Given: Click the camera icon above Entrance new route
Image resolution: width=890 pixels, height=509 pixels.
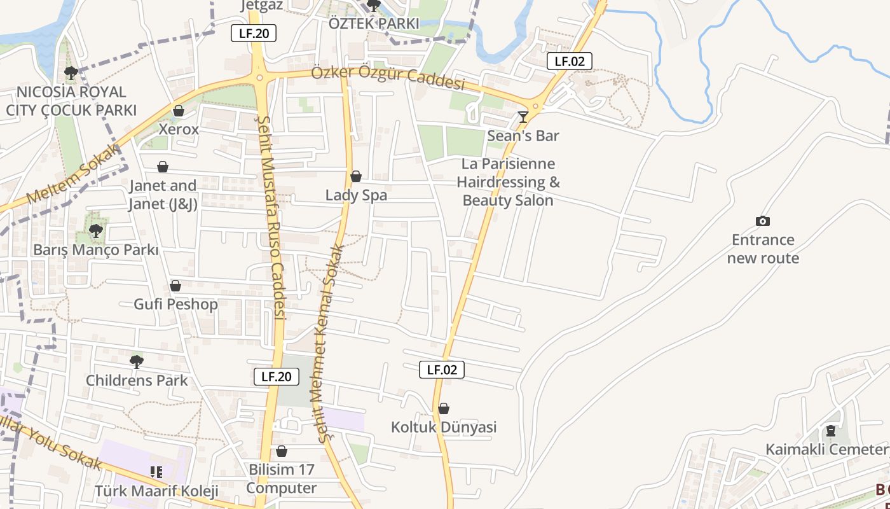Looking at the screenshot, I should tap(763, 221).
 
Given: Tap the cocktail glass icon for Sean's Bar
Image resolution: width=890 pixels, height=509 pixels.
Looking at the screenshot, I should tap(523, 116).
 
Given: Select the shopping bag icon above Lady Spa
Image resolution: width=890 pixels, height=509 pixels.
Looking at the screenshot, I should tap(356, 176).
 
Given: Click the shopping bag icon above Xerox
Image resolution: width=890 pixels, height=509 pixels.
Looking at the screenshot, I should tap(179, 111).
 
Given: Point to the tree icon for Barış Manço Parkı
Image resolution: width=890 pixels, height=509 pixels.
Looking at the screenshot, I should tap(96, 230).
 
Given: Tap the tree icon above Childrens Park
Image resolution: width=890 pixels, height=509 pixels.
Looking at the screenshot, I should tap(137, 362).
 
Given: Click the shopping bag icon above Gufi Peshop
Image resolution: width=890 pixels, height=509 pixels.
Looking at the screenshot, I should tap(175, 286).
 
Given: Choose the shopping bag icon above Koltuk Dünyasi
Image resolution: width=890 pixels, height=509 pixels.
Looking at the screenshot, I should tap(444, 408).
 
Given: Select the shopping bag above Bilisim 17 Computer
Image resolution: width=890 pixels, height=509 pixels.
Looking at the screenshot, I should tap(282, 451).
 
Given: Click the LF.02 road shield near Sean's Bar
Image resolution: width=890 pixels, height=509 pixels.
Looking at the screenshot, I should tap(570, 61).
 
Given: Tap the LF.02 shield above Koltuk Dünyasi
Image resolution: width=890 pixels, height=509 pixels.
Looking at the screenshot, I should tap(442, 370).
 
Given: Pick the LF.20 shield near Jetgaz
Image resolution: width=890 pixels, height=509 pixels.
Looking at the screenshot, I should tap(254, 33).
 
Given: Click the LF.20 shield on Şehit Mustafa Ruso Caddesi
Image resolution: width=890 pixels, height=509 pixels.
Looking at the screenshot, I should tap(277, 376).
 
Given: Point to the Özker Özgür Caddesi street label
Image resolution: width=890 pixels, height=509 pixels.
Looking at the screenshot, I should tap(388, 78).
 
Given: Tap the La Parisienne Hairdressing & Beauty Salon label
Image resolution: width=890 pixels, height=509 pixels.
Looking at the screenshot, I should tap(508, 182).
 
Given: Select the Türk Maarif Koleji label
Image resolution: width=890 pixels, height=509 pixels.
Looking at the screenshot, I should tap(156, 491).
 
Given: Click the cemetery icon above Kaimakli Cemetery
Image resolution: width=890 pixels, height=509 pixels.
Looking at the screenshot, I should tap(830, 431).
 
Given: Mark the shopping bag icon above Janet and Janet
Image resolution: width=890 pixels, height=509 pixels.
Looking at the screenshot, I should tap(163, 167).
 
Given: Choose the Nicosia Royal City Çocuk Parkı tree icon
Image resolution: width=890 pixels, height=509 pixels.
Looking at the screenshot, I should tap(71, 73).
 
